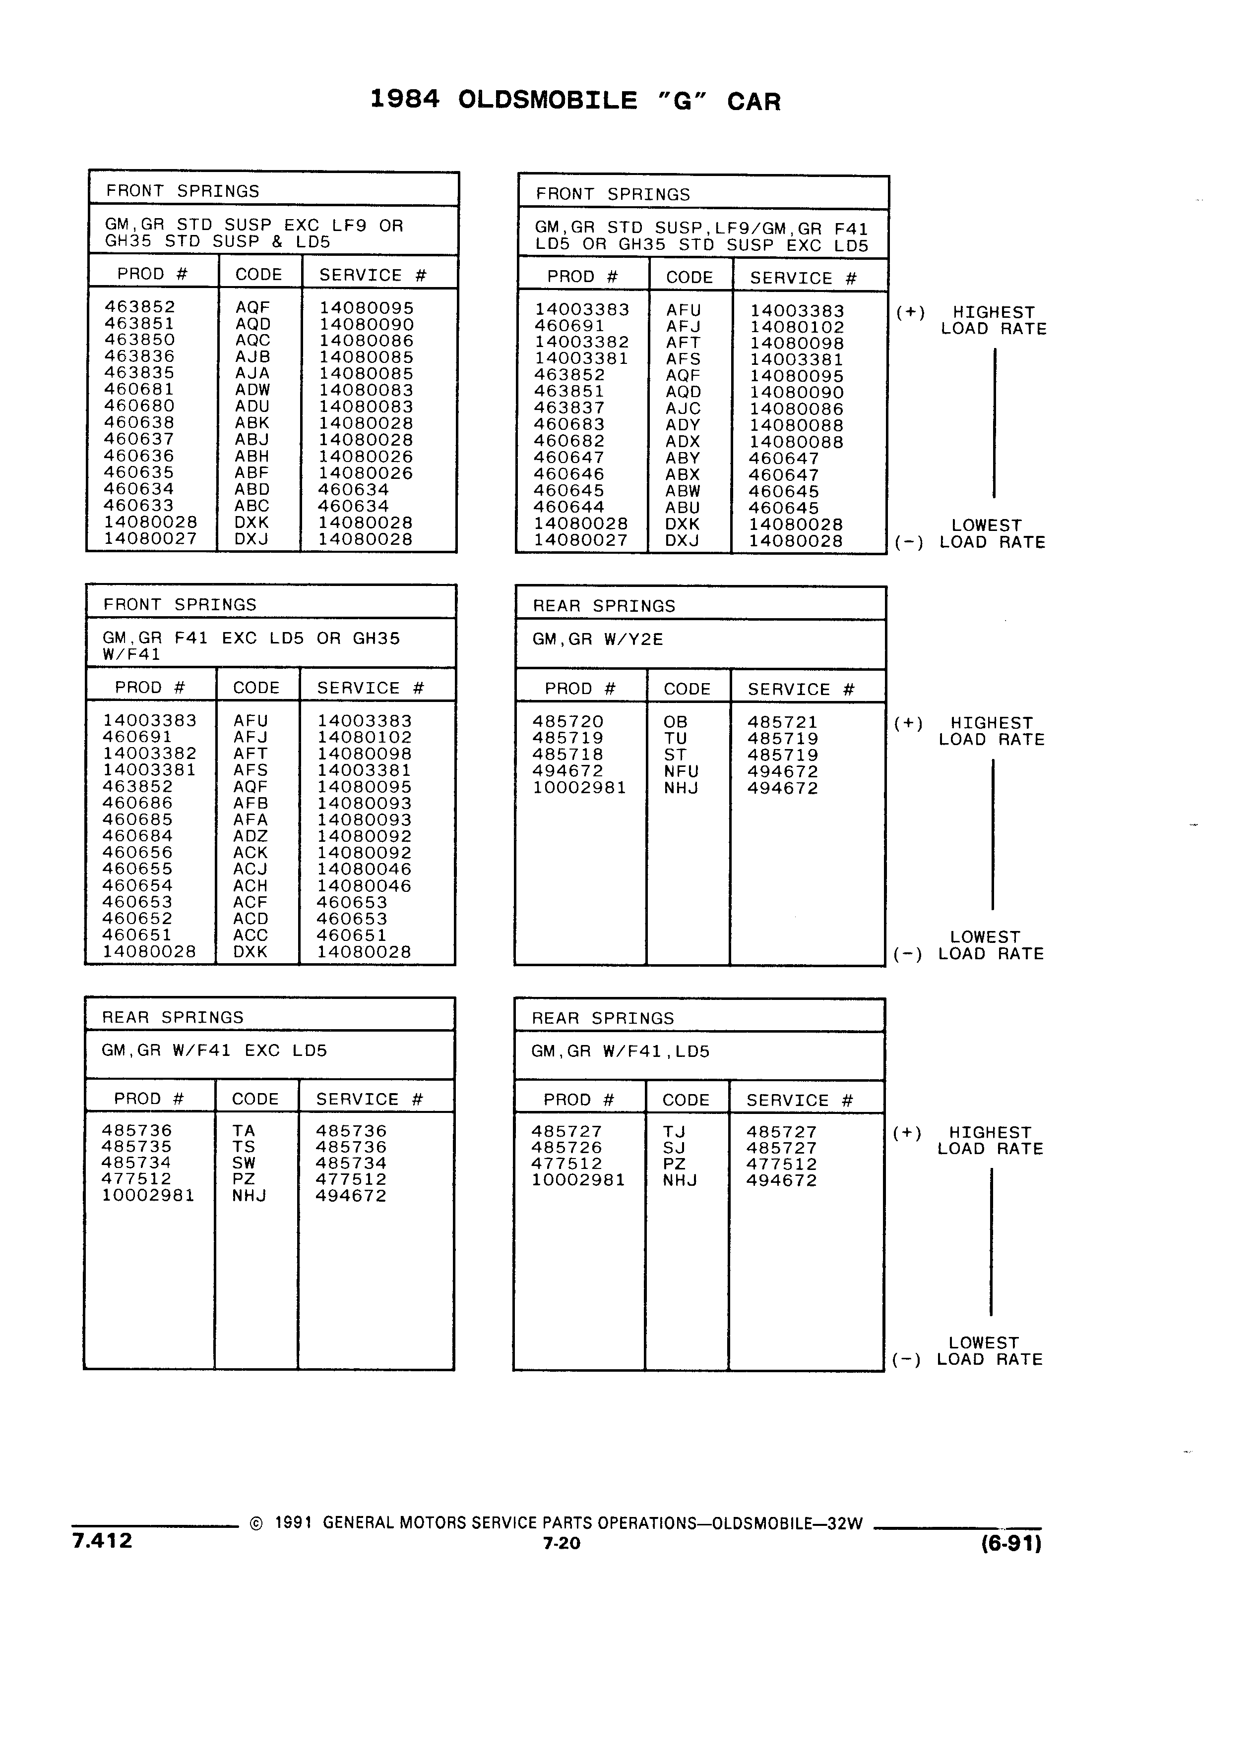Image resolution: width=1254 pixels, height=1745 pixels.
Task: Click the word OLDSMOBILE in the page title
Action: (547, 101)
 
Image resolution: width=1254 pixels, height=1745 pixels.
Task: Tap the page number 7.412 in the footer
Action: (102, 1540)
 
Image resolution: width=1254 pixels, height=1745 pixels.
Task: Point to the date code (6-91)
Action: (1011, 1543)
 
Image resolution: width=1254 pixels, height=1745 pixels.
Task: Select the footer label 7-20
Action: (561, 1543)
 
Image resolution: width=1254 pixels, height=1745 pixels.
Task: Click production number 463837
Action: (569, 408)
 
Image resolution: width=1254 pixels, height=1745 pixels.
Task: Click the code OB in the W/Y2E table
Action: (675, 722)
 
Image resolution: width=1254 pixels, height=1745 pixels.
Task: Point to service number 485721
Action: (782, 722)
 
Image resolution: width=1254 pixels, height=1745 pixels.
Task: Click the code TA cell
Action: (243, 1131)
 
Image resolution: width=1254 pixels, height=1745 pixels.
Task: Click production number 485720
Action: (568, 722)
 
